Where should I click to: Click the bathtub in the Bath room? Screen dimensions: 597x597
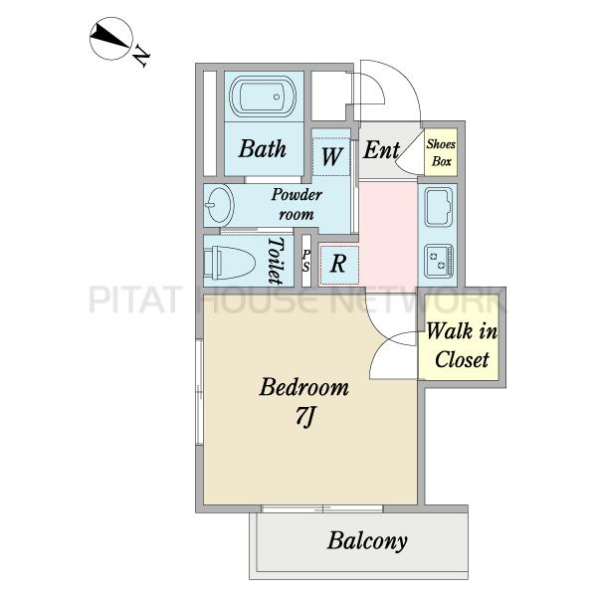pyautogui.click(x=264, y=97)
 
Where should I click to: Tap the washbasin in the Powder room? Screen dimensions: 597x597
pyautogui.click(x=219, y=206)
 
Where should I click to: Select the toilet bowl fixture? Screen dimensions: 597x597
pyautogui.click(x=229, y=262)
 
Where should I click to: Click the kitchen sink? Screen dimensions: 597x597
pyautogui.click(x=438, y=207)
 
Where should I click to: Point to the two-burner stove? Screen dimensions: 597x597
pyautogui.click(x=439, y=261)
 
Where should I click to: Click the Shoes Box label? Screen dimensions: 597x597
pyautogui.click(x=441, y=152)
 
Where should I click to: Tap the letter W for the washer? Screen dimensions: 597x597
pyautogui.click(x=331, y=156)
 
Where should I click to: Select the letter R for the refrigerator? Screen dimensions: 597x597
pyautogui.click(x=338, y=263)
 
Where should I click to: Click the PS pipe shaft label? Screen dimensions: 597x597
pyautogui.click(x=306, y=261)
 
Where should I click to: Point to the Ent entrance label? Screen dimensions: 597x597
pyautogui.click(x=381, y=149)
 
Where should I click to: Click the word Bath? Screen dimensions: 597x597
pyautogui.click(x=263, y=148)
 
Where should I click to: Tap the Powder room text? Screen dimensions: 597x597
pyautogui.click(x=297, y=204)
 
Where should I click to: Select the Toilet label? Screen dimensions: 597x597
pyautogui.click(x=277, y=261)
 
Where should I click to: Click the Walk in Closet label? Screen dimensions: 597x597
pyautogui.click(x=462, y=345)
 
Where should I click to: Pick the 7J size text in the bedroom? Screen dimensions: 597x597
pyautogui.click(x=304, y=418)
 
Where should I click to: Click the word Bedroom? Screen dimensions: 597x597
pyautogui.click(x=303, y=387)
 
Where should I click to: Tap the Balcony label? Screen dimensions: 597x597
pyautogui.click(x=367, y=540)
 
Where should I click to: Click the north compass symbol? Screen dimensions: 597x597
pyautogui.click(x=111, y=38)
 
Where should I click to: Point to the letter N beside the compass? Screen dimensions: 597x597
pyautogui.click(x=141, y=57)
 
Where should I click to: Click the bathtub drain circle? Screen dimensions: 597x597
pyautogui.click(x=278, y=97)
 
